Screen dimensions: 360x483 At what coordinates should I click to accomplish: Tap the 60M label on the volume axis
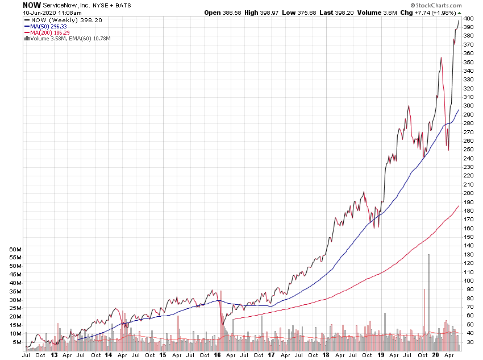click(x=15, y=249)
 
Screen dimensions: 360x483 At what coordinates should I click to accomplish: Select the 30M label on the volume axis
click(x=15, y=300)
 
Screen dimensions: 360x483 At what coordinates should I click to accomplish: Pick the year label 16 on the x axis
click(x=217, y=355)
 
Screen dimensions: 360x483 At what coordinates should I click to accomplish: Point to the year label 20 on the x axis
click(x=435, y=355)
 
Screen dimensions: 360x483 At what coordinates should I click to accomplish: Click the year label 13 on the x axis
click(x=54, y=355)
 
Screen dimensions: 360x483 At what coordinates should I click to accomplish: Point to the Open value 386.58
click(x=223, y=12)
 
